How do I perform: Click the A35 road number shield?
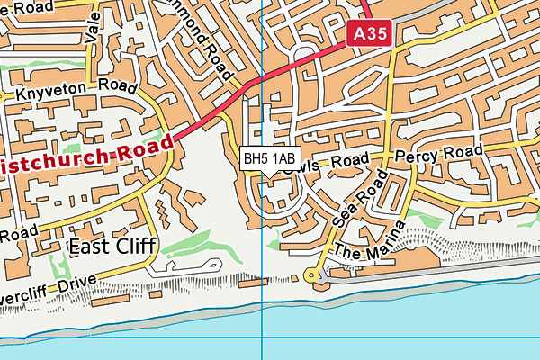coord(370,33)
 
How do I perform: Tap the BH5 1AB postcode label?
coord(267,159)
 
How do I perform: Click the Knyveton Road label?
coord(68,92)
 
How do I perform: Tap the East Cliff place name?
coord(112,245)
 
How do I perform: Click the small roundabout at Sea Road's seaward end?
coord(312,274)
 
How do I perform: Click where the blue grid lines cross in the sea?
coord(262,338)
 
